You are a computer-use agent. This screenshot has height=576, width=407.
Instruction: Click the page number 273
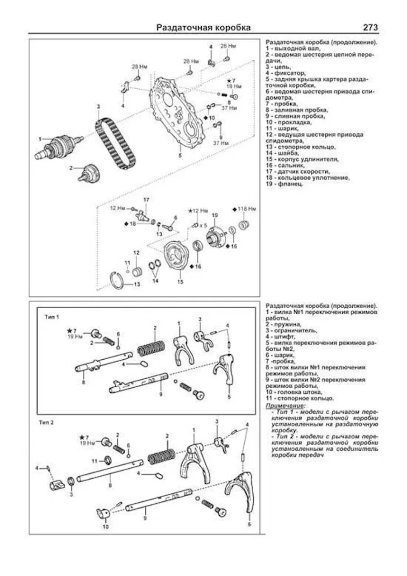(x=370, y=28)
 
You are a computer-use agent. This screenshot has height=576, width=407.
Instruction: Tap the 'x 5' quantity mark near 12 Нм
(x=203, y=225)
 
